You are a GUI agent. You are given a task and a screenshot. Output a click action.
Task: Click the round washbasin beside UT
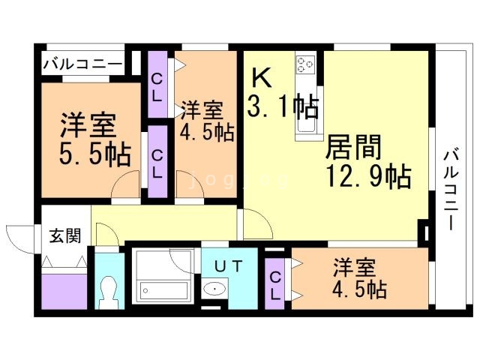[216, 288]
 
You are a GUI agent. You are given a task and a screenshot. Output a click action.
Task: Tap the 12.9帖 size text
[367, 176]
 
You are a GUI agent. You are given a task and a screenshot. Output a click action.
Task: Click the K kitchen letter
[260, 77]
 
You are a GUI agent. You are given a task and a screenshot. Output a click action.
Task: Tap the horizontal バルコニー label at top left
[82, 64]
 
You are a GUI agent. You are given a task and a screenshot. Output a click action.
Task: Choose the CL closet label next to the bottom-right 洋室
[275, 283]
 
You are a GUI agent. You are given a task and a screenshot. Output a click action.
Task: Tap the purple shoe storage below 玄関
[64, 289]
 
